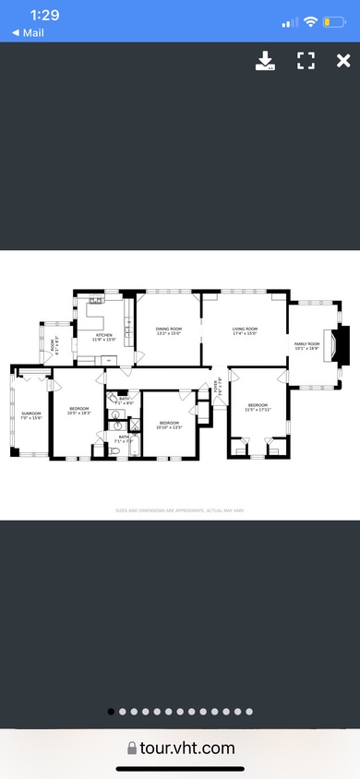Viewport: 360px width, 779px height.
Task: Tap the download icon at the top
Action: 265,61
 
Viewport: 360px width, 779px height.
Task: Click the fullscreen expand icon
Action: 306,61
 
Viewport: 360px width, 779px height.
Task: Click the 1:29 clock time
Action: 43,16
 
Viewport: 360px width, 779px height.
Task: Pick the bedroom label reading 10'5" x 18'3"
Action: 78,410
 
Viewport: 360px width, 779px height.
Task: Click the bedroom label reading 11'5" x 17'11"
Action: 257,406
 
